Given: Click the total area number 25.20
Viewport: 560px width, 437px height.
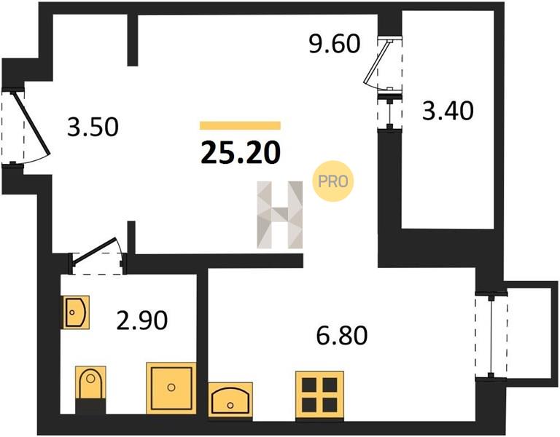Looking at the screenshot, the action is click(x=241, y=152).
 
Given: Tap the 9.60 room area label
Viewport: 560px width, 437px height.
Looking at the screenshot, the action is click(x=335, y=44).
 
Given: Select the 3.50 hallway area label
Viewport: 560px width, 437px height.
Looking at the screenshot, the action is click(x=93, y=127).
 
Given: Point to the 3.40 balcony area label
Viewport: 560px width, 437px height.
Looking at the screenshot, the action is click(x=448, y=110).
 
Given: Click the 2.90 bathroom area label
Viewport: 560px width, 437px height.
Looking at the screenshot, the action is click(x=142, y=320).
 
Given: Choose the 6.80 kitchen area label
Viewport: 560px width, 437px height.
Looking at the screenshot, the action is click(x=342, y=335).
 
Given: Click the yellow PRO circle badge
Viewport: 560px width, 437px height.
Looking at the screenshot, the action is click(x=332, y=181).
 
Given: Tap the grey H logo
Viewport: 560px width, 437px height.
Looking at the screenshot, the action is click(x=280, y=215).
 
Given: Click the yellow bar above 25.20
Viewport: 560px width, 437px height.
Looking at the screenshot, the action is click(x=240, y=125).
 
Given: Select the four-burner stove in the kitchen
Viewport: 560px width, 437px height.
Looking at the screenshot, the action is click(x=319, y=395).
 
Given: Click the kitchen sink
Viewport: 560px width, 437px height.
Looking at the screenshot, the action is click(x=230, y=400).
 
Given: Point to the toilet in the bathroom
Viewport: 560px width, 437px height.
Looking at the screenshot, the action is click(x=90, y=389).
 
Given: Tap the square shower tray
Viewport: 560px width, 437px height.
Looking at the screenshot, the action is click(x=171, y=387).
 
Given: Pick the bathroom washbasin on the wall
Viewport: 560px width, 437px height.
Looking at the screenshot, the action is click(x=75, y=312).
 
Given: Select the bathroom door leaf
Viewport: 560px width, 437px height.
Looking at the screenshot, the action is click(x=94, y=250).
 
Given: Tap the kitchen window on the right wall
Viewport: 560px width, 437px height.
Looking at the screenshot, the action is click(x=491, y=335).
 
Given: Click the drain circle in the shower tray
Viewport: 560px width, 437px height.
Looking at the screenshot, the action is click(x=171, y=387).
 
